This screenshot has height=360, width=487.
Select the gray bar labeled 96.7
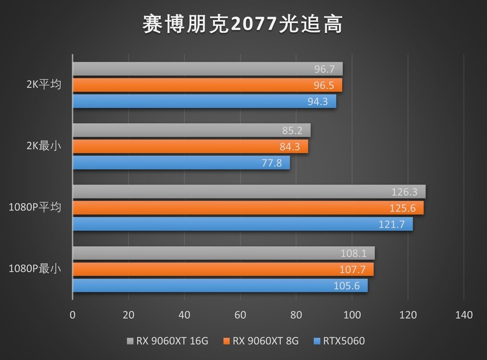(207, 69)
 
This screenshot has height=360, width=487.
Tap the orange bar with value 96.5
(207, 85)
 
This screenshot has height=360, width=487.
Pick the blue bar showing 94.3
(204, 101)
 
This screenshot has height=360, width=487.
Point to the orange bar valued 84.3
(190, 146)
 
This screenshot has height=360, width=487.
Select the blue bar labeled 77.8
(181, 163)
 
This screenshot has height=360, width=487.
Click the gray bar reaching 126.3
(248, 192)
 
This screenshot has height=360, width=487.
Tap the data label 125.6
(402, 208)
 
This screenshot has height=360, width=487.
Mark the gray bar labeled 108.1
(223, 253)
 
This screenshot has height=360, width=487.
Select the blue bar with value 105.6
(220, 285)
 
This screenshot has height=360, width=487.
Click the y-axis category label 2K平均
(44, 85)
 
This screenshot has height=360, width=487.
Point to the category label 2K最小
(44, 146)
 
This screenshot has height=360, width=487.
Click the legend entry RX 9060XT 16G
(167, 341)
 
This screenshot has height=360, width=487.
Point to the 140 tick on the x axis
(463, 315)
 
